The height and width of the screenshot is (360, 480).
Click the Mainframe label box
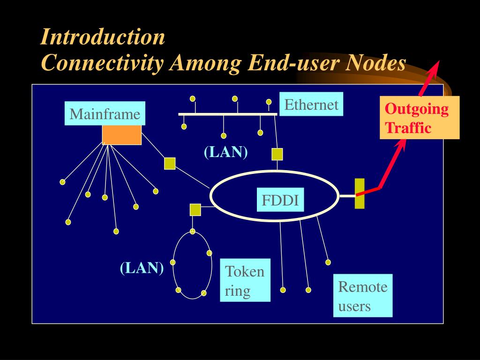[105, 114]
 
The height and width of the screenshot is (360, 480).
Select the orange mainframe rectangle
[122, 135]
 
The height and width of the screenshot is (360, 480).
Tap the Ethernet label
[311, 105]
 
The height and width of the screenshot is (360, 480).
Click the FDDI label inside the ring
[280, 200]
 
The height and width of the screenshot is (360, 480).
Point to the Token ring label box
[245, 280]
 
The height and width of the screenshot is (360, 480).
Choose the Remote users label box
[363, 296]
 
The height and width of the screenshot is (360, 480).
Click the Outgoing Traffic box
[420, 118]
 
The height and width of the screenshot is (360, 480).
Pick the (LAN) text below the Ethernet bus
[225, 152]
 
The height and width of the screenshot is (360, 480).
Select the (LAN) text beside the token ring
[142, 268]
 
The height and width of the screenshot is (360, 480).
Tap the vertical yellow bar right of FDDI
[360, 194]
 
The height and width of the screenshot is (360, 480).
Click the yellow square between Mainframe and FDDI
[170, 163]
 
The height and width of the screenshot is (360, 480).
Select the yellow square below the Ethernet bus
[277, 154]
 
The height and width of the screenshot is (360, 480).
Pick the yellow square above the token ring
[195, 210]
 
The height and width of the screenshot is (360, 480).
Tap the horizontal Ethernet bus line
[228, 114]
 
